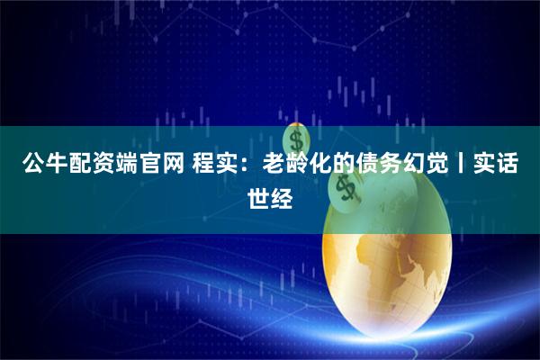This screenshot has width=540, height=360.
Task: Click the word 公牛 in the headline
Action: click(x=44, y=165)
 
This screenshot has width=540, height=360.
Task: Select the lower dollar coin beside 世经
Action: click(x=341, y=188)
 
